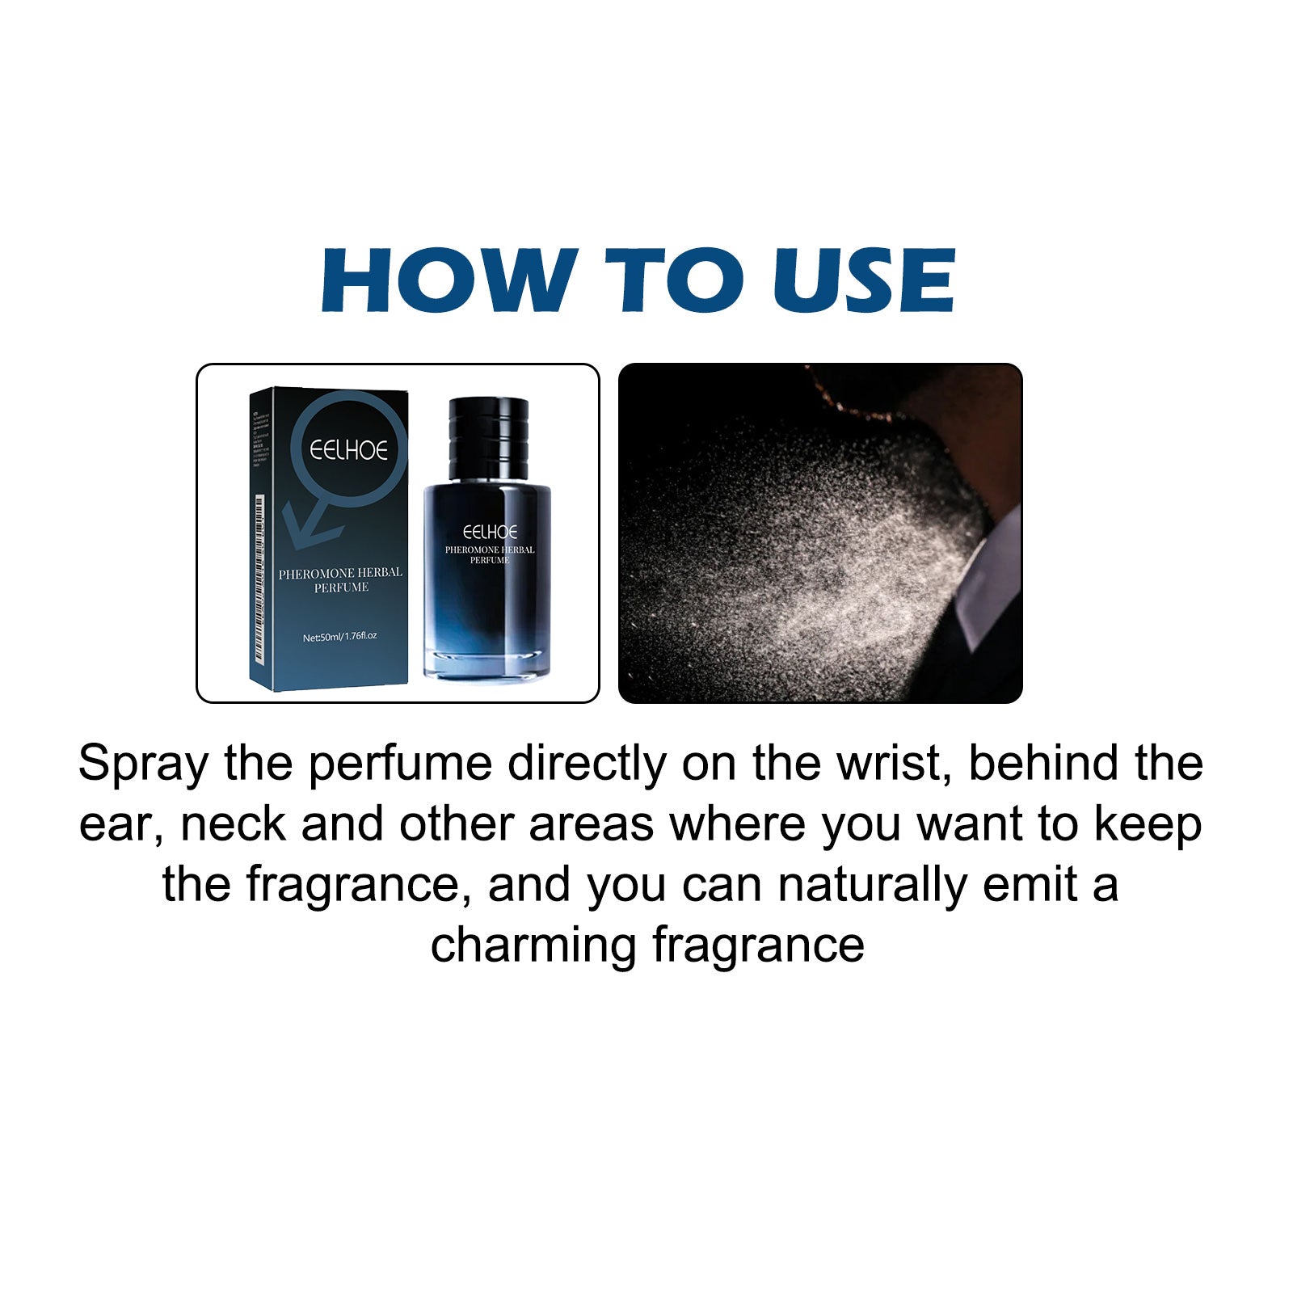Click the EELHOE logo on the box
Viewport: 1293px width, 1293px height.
(x=349, y=450)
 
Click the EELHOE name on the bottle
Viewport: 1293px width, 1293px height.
(x=490, y=532)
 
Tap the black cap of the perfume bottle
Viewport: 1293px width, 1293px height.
(x=487, y=436)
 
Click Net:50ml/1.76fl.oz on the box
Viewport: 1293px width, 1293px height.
(x=339, y=637)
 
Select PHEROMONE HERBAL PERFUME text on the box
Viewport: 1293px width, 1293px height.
(x=340, y=579)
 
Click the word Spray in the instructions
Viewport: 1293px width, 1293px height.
(x=143, y=764)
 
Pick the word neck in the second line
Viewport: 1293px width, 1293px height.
(x=234, y=824)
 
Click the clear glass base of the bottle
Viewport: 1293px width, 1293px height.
(x=487, y=663)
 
